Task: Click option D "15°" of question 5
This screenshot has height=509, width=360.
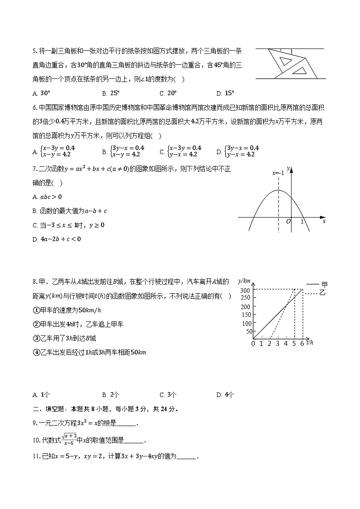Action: (x=229, y=93)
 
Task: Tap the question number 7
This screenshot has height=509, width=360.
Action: (x=34, y=169)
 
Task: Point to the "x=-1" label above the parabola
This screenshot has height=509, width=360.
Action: (x=278, y=173)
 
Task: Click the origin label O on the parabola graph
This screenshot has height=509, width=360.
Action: (x=288, y=222)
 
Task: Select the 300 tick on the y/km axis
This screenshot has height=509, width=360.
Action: (x=246, y=291)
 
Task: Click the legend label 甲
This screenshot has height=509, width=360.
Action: (x=324, y=285)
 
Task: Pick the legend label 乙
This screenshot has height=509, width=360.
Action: (x=322, y=293)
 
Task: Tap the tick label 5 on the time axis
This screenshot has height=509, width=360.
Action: (x=294, y=344)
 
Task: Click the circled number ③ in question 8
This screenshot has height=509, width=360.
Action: (x=36, y=338)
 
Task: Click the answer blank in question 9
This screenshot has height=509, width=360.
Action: (x=126, y=424)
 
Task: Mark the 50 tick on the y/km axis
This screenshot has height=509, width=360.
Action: (x=248, y=331)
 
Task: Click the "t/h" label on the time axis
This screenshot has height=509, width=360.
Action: (x=310, y=343)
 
